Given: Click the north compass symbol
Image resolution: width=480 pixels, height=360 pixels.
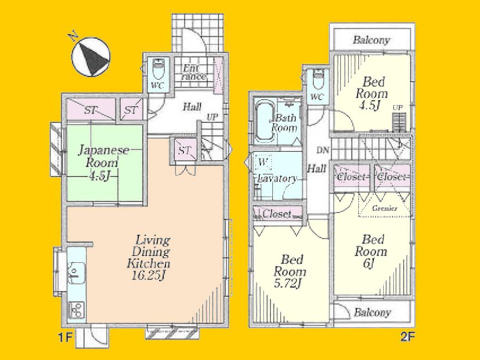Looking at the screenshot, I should [x=91, y=56].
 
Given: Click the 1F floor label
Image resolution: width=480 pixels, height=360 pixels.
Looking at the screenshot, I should [x=65, y=337].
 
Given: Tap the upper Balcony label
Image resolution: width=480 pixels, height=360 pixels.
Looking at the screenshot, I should [x=371, y=40].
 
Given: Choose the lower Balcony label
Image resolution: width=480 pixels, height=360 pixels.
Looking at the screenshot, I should [x=372, y=313].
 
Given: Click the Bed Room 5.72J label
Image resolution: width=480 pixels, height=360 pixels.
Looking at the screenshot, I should [x=290, y=271].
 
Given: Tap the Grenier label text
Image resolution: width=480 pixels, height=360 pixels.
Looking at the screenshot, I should [x=385, y=208].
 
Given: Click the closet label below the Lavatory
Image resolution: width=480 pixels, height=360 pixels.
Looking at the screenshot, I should [x=277, y=214].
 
